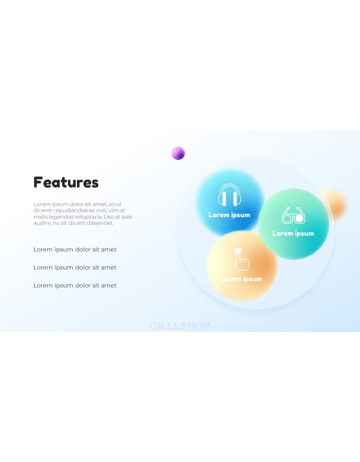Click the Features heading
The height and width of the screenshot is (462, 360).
(x=66, y=182)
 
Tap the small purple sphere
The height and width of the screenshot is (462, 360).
(x=178, y=153)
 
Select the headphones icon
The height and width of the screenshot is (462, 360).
(x=229, y=195)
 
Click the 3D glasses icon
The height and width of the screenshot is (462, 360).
(x=294, y=215)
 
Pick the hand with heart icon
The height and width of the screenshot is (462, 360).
(x=241, y=259)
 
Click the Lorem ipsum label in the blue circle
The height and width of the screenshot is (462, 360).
(x=229, y=215)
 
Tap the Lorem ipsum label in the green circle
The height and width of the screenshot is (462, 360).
(x=293, y=234)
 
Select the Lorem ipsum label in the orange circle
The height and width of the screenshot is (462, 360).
(x=241, y=279)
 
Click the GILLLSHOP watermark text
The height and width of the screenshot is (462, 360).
(x=180, y=326)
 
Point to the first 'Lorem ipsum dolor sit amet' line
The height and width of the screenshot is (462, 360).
(x=75, y=249)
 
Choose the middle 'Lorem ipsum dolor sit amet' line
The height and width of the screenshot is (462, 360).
(x=75, y=267)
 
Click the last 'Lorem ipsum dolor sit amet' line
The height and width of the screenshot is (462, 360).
(x=75, y=285)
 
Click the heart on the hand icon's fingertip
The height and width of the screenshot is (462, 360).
(x=238, y=251)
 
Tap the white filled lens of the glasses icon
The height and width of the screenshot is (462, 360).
(x=299, y=219)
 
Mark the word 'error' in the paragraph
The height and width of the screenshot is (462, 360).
(x=116, y=204)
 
